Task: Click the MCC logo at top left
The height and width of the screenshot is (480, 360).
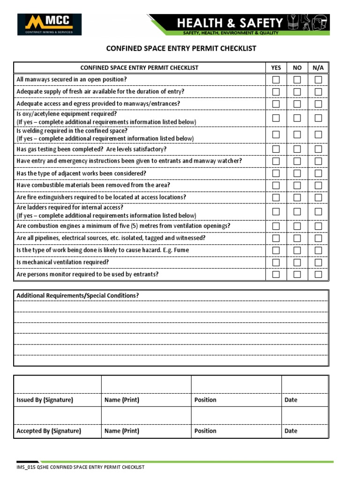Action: tap(49, 24)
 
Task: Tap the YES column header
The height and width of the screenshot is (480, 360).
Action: tap(276, 67)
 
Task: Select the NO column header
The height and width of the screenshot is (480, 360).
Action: tap(297, 67)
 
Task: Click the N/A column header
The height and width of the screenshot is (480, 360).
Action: tap(318, 67)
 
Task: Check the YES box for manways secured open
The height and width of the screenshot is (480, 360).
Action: tap(276, 80)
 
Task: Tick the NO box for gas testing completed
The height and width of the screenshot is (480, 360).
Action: tap(297, 149)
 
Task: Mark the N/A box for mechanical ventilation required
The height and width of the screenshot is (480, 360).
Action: tap(318, 262)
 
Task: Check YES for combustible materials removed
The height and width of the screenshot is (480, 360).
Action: tap(276, 185)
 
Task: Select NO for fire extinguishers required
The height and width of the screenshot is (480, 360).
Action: tap(297, 197)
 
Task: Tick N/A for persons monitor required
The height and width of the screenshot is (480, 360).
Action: tap(318, 274)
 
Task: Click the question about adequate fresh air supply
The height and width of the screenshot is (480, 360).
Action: tap(100, 91)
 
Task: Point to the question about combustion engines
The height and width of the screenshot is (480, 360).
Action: tap(123, 225)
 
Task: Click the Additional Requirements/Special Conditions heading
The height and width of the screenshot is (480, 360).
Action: tap(77, 295)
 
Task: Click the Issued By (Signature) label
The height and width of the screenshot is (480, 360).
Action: tap(45, 400)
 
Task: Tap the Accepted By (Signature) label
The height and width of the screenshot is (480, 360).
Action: tap(49, 431)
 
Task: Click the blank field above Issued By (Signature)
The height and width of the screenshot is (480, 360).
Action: tap(57, 384)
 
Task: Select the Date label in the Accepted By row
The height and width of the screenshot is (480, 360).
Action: tap(291, 431)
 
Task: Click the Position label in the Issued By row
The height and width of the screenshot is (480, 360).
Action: tap(205, 400)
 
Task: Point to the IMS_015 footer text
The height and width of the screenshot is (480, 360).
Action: tap(80, 467)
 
